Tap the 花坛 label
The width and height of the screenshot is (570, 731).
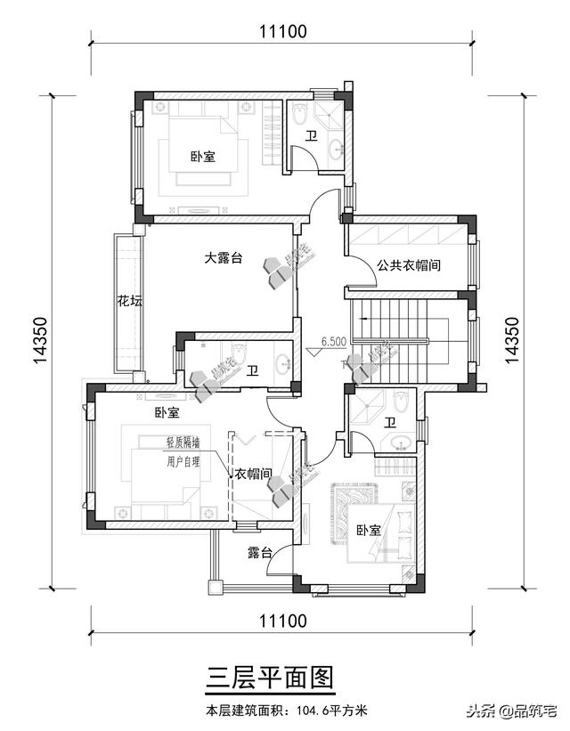tap(129, 301)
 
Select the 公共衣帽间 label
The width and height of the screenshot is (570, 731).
tap(409, 265)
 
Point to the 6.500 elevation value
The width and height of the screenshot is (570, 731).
tap(333, 341)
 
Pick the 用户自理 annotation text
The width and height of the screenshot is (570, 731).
tap(183, 461)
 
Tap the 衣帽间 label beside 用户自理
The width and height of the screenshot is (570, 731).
tap(253, 474)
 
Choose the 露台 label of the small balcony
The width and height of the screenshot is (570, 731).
tap(259, 553)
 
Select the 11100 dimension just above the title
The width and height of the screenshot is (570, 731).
tap(283, 621)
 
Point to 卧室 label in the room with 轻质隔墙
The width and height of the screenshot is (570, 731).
tap(167, 413)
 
